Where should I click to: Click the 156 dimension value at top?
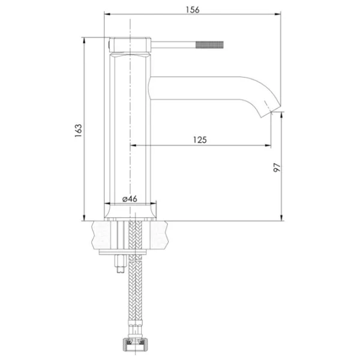(193, 10)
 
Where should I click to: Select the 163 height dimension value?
(78, 131)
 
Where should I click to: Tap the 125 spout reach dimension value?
(200, 140)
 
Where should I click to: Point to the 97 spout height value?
(277, 167)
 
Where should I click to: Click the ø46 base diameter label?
(130, 199)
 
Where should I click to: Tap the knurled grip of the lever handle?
(209, 45)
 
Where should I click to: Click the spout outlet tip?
(271, 112)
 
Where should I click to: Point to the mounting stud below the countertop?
(121, 263)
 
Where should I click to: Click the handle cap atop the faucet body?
(130, 45)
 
